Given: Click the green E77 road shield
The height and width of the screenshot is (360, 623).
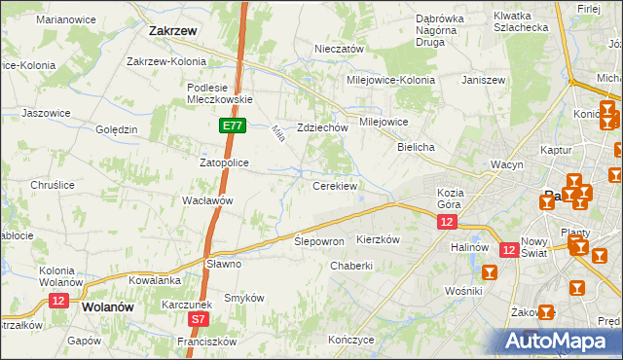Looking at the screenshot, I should click(x=232, y=126).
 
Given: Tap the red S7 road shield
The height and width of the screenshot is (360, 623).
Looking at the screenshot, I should click(x=198, y=318).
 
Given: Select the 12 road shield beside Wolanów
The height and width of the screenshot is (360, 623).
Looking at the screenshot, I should click(x=58, y=302).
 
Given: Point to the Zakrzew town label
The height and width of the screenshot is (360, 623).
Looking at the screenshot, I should click(x=174, y=30).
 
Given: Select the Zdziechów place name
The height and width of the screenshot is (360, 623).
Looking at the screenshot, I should click(x=323, y=127).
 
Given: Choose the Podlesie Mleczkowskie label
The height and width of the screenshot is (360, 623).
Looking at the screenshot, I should click(x=220, y=92).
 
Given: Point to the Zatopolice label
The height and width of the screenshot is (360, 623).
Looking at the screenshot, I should click(x=226, y=162).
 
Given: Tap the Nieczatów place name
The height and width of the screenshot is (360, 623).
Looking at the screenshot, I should click(x=339, y=49).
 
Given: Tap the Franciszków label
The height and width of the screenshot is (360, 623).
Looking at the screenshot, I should click(x=207, y=342).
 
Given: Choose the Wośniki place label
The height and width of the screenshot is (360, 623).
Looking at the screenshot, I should click(x=463, y=291).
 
